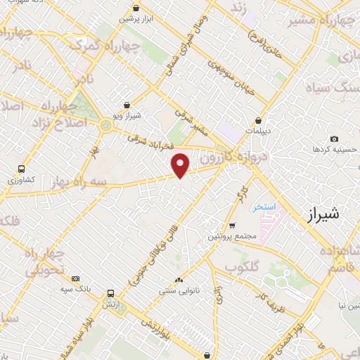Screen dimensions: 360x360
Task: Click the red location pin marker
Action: [181, 165]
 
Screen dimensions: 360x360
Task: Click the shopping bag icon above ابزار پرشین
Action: [136, 8]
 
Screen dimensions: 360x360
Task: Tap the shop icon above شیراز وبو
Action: [127, 104]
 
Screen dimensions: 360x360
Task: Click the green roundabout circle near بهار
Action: [106, 126]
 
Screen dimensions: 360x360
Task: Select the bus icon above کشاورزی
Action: [22, 169]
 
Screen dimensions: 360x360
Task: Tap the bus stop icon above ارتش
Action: [110, 294]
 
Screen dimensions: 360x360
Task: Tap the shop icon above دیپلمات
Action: [259, 120]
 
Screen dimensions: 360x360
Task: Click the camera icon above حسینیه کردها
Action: [333, 139]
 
